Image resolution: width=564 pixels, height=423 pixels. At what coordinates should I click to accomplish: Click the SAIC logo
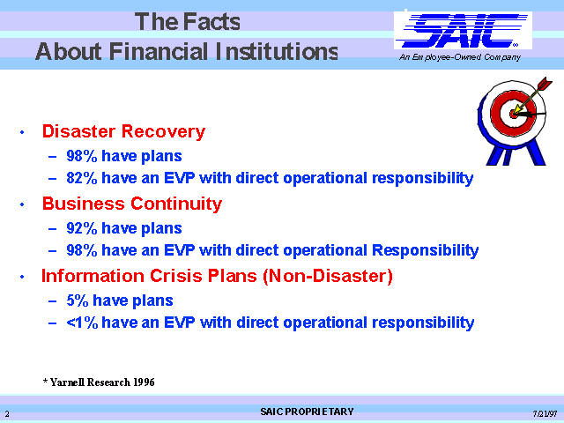pos(464,31)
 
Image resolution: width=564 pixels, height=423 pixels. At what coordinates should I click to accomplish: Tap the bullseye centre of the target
pos(514,114)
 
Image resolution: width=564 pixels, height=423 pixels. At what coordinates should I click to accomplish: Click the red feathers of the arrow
pos(545,84)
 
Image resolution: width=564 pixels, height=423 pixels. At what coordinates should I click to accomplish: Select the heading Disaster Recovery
pos(123,131)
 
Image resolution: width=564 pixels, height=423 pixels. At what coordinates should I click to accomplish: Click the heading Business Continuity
pos(132,204)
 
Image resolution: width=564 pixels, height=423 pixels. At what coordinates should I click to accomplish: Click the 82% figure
pos(82,178)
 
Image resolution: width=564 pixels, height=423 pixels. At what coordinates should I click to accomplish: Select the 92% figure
pos(82,228)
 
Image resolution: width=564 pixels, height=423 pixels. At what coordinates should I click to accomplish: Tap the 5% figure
pos(78,301)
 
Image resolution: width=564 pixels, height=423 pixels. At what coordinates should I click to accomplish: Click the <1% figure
pos(82,323)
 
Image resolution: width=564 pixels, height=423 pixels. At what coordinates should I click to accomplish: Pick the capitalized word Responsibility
pos(425,250)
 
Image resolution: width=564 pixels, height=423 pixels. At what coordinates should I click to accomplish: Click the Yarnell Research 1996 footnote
pos(99,382)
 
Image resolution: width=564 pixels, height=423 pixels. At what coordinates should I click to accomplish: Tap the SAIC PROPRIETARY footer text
pos(307,412)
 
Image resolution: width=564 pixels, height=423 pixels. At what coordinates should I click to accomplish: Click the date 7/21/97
pos(545,413)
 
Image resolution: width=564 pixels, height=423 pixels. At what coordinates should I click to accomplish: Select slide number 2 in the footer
pos(7,413)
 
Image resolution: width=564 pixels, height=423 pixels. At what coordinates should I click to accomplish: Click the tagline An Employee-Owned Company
pos(460,57)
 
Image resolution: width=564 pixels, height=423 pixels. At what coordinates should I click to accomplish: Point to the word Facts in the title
pos(211,21)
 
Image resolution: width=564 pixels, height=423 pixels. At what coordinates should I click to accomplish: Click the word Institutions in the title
pos(277,51)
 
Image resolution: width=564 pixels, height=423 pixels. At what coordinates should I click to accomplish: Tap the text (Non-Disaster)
pos(328,276)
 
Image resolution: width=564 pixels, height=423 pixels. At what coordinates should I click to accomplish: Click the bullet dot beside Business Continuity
pos(22,204)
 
